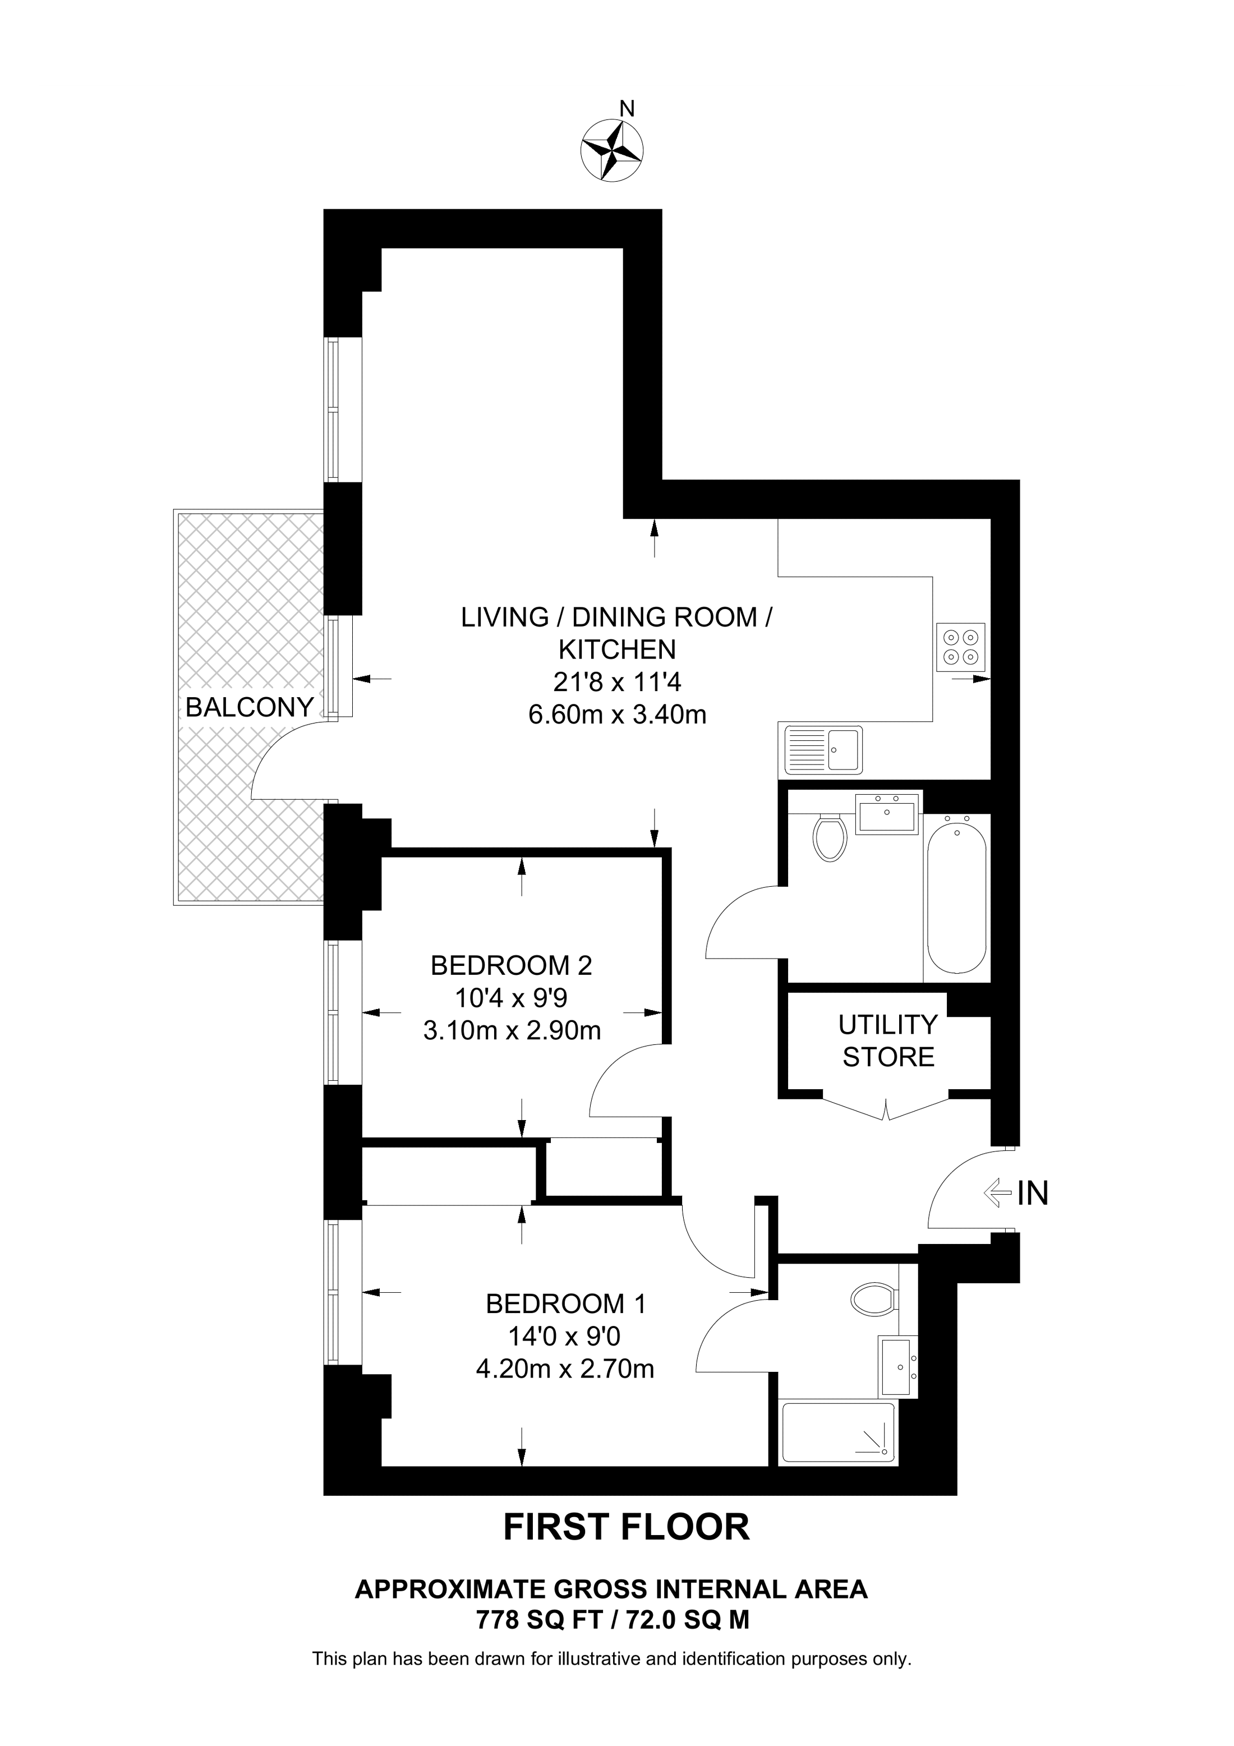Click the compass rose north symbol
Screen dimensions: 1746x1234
612,150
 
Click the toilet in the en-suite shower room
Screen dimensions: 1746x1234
873,1300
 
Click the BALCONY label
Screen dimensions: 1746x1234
250,707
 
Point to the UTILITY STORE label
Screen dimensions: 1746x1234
888,1041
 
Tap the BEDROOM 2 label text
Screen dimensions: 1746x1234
511,965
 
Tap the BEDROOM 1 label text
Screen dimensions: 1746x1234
566,1303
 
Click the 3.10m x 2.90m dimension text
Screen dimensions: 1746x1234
512,1030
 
